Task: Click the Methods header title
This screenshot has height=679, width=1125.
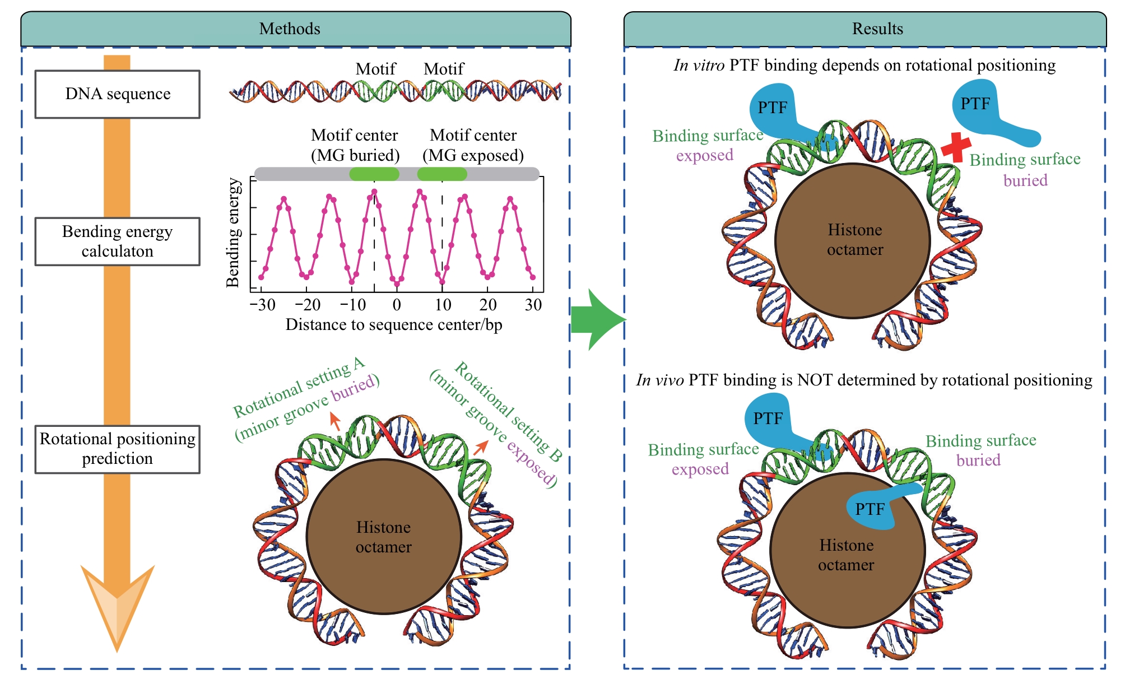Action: pyautogui.click(x=290, y=29)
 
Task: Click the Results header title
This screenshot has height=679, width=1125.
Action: pyautogui.click(x=877, y=29)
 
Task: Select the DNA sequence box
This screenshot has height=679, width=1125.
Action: pyautogui.click(x=118, y=94)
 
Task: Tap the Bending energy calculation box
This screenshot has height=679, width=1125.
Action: pyautogui.click(x=118, y=241)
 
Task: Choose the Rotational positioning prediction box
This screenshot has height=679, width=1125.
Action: pyautogui.click(x=118, y=449)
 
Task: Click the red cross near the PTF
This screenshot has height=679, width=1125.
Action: pyautogui.click(x=955, y=147)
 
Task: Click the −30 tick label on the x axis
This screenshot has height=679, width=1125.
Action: pyautogui.click(x=262, y=305)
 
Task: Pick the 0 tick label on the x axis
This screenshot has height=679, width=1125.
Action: pyautogui.click(x=397, y=305)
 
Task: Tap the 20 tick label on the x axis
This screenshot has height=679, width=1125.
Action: pyautogui.click(x=488, y=305)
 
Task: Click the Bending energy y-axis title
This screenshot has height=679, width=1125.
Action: pyautogui.click(x=233, y=233)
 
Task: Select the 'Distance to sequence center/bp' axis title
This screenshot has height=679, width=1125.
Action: pyautogui.click(x=394, y=325)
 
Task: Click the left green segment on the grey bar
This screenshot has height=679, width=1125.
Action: pyautogui.click(x=374, y=174)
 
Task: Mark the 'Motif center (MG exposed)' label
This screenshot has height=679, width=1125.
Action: pyautogui.click(x=473, y=145)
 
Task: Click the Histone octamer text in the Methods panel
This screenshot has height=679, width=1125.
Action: pyautogui.click(x=384, y=537)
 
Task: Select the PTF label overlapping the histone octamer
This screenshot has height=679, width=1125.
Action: pyautogui.click(x=870, y=509)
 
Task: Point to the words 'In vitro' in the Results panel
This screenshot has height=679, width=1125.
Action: pyautogui.click(x=699, y=66)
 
